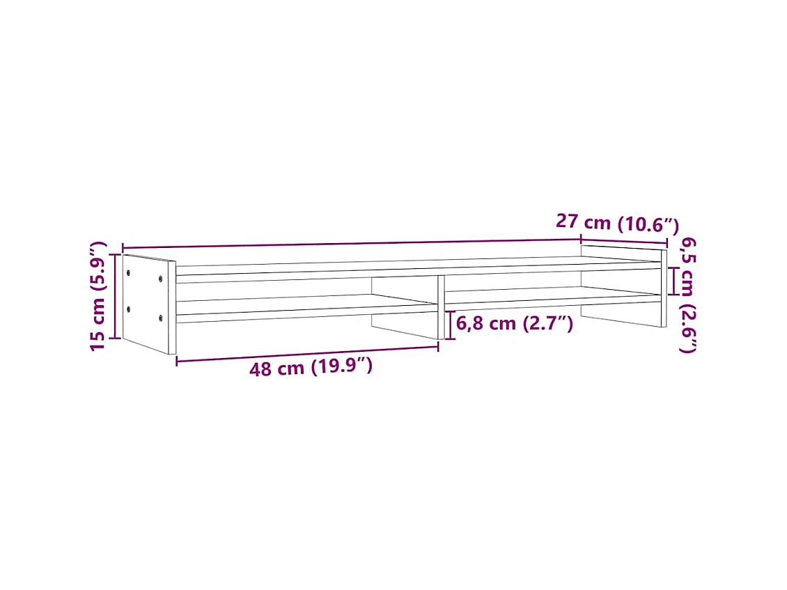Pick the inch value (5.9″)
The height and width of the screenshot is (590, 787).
[x=98, y=265]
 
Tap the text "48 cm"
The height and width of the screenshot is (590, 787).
[x=277, y=368]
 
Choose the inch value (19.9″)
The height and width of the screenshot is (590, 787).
[x=341, y=366]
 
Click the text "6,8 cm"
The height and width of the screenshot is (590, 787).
[x=486, y=324]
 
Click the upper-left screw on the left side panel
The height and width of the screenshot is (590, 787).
[x=129, y=273]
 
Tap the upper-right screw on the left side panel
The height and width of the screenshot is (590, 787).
[x=161, y=279]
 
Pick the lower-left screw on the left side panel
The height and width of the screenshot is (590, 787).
[x=129, y=309]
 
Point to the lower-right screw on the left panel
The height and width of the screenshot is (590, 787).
[x=161, y=318]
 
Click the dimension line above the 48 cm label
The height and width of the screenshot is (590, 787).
[x=306, y=353]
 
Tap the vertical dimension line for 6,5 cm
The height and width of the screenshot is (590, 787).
[x=673, y=281]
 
